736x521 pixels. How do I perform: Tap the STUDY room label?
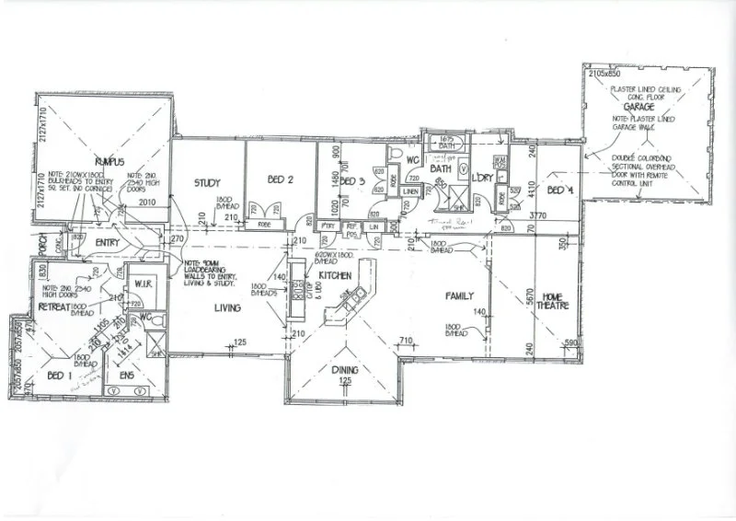coord(207,182)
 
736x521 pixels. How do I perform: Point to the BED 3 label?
coord(353,181)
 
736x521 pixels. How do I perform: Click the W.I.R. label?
coord(142,283)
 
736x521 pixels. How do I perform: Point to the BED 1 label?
coord(57,376)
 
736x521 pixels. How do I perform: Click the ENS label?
coord(127,376)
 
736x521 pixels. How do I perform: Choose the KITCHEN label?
coord(336,275)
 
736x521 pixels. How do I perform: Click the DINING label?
coord(346,370)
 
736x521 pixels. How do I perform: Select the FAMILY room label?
coord(459,296)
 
